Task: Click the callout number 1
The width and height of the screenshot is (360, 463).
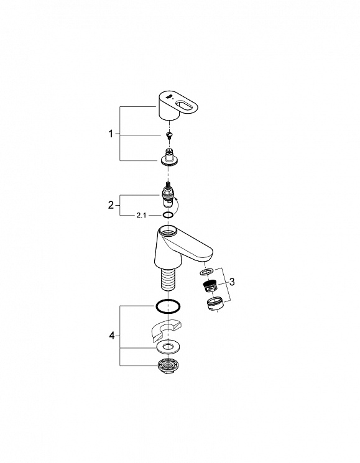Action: [x=111, y=134]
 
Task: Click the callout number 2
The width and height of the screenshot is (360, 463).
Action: [x=111, y=205]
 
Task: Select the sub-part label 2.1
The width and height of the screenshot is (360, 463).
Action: [x=141, y=216]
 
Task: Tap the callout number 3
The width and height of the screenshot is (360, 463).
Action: [x=232, y=282]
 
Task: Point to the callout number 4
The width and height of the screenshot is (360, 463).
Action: [x=112, y=336]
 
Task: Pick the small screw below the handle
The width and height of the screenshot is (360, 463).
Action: [x=169, y=135]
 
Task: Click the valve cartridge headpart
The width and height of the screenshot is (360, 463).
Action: [x=168, y=196]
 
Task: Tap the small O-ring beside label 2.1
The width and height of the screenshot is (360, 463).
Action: [x=168, y=214]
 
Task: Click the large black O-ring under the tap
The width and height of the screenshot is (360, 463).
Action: [x=168, y=306]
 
